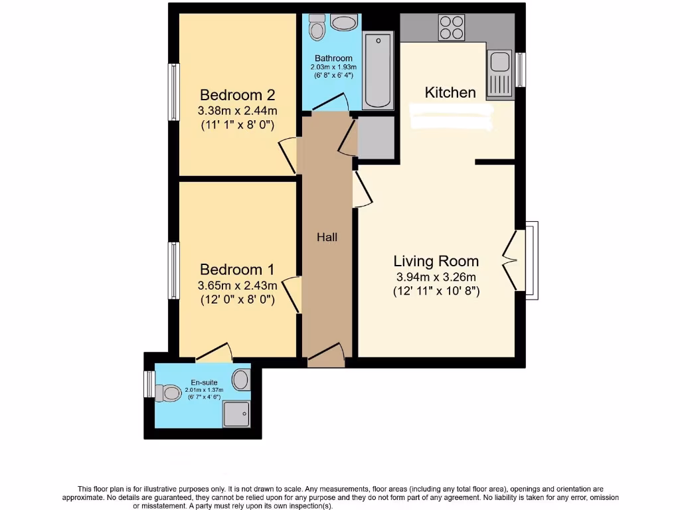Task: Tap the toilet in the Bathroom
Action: click(x=317, y=28)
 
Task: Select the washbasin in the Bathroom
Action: click(x=344, y=23)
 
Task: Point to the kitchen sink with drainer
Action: click(x=499, y=74)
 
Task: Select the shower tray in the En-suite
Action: click(x=236, y=414)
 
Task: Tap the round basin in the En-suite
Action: click(x=241, y=380)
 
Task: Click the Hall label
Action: click(x=327, y=236)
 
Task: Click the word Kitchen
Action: click(x=450, y=92)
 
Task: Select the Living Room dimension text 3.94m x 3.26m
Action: click(x=436, y=277)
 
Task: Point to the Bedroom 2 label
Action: click(x=238, y=95)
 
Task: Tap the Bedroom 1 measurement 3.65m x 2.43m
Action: click(x=237, y=285)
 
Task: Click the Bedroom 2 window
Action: click(x=173, y=92)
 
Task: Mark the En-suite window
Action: click(x=149, y=384)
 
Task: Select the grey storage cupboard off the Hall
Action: click(x=375, y=137)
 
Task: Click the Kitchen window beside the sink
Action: click(x=521, y=70)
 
